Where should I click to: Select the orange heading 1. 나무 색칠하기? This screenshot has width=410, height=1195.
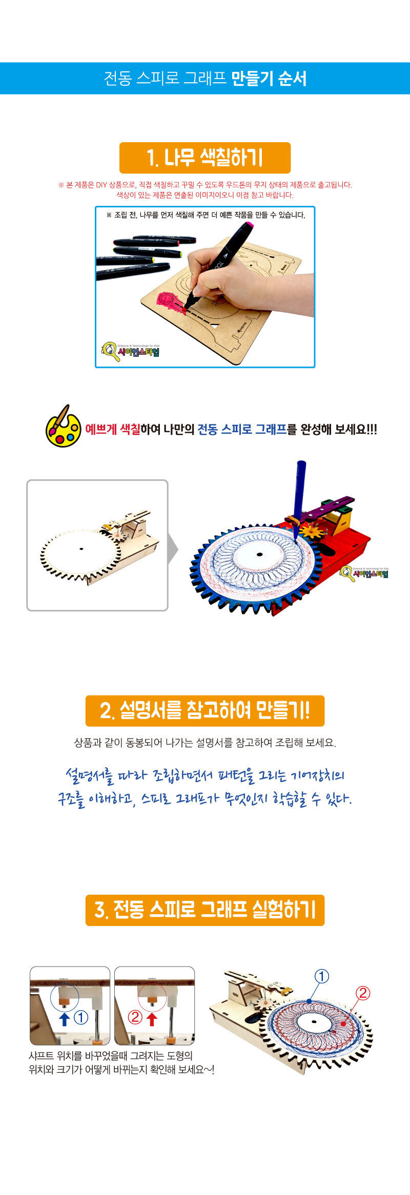(205, 158)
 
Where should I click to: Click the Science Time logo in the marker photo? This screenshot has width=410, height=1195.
(131, 351)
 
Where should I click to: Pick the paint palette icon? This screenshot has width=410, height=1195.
(63, 426)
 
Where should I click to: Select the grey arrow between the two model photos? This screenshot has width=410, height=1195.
(173, 549)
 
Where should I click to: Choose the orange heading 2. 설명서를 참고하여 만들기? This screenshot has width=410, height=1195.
(205, 711)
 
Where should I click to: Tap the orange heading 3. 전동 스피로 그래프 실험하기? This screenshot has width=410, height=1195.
(205, 910)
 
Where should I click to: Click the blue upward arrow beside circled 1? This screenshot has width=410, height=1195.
(65, 1018)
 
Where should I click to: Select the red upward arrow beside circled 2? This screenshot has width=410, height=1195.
(151, 1018)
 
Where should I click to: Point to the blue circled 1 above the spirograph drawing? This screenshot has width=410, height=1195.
(321, 976)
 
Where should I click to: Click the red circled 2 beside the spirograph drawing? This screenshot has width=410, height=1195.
(362, 993)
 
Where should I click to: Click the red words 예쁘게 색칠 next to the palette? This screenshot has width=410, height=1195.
(113, 429)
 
